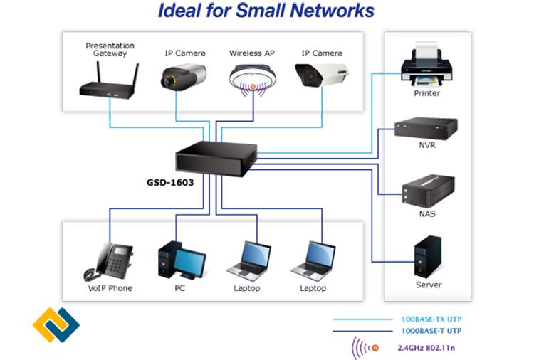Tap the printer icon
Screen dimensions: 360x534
click(426, 66)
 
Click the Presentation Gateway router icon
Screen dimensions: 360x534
click(109, 83)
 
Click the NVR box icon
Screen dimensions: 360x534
click(426, 127)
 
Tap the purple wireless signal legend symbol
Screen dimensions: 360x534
click(364, 348)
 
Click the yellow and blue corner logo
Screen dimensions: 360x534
click(56, 327)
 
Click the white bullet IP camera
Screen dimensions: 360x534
click(322, 77)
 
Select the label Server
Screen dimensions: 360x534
click(429, 285)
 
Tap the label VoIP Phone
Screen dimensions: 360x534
click(110, 288)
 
